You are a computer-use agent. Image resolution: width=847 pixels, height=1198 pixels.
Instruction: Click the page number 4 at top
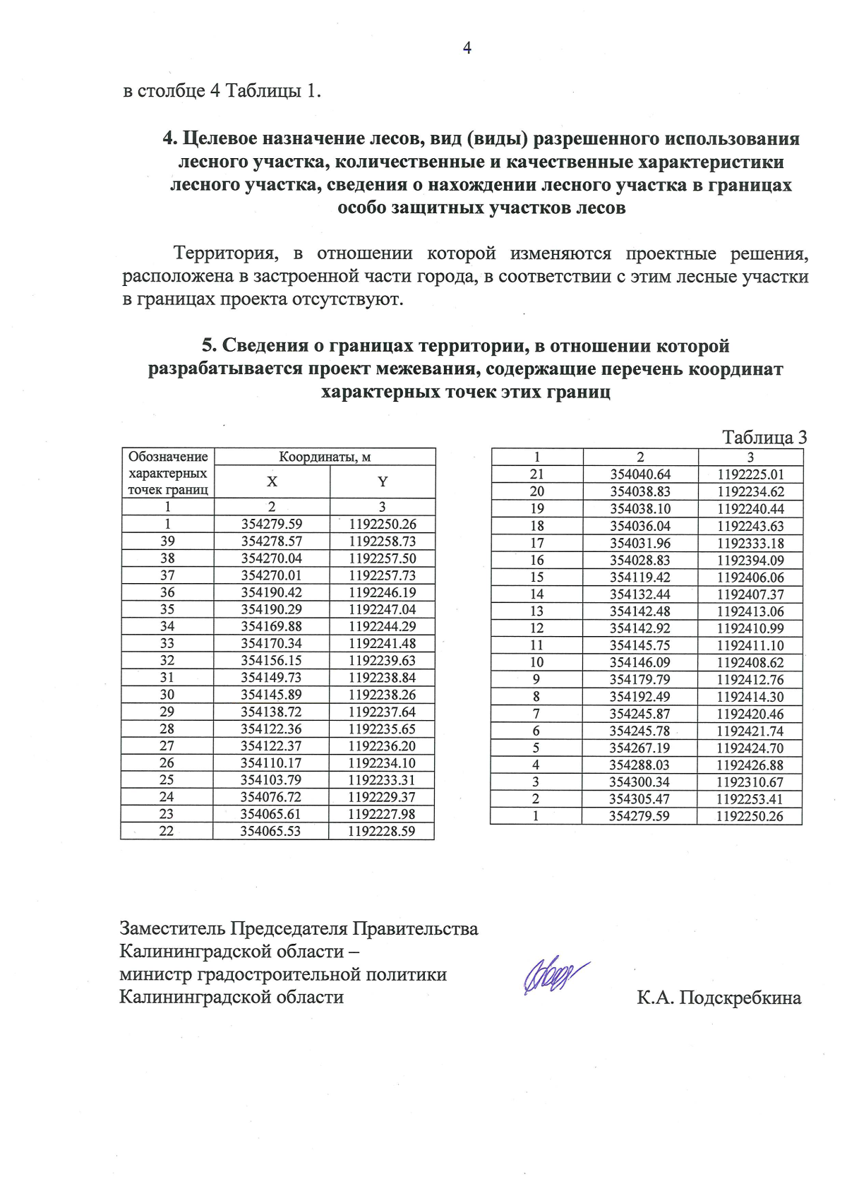(x=467, y=47)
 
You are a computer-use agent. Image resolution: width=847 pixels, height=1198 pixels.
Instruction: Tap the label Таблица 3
(x=764, y=438)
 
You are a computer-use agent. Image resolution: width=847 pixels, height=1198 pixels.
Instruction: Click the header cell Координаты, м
(x=325, y=457)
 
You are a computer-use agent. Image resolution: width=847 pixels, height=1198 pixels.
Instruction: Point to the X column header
(x=272, y=481)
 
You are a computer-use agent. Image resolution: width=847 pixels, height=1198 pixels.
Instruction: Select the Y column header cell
(x=382, y=481)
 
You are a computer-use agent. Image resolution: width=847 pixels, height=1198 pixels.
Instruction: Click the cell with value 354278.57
(x=272, y=541)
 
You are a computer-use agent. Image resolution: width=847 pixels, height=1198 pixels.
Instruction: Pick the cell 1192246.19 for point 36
(x=382, y=592)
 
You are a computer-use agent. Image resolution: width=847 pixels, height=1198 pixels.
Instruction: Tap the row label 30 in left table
(x=167, y=695)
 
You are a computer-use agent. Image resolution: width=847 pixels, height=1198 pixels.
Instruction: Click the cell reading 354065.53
(x=270, y=831)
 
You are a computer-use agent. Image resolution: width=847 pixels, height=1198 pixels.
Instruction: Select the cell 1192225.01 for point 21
(x=750, y=474)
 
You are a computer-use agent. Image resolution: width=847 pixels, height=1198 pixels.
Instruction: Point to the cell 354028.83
(x=640, y=560)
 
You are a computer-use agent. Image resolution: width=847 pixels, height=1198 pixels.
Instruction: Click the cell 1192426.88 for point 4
(x=750, y=765)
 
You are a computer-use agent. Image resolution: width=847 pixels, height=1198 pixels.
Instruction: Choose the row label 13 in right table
(x=536, y=611)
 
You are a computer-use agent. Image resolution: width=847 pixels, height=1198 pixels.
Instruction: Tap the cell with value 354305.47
(x=640, y=799)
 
